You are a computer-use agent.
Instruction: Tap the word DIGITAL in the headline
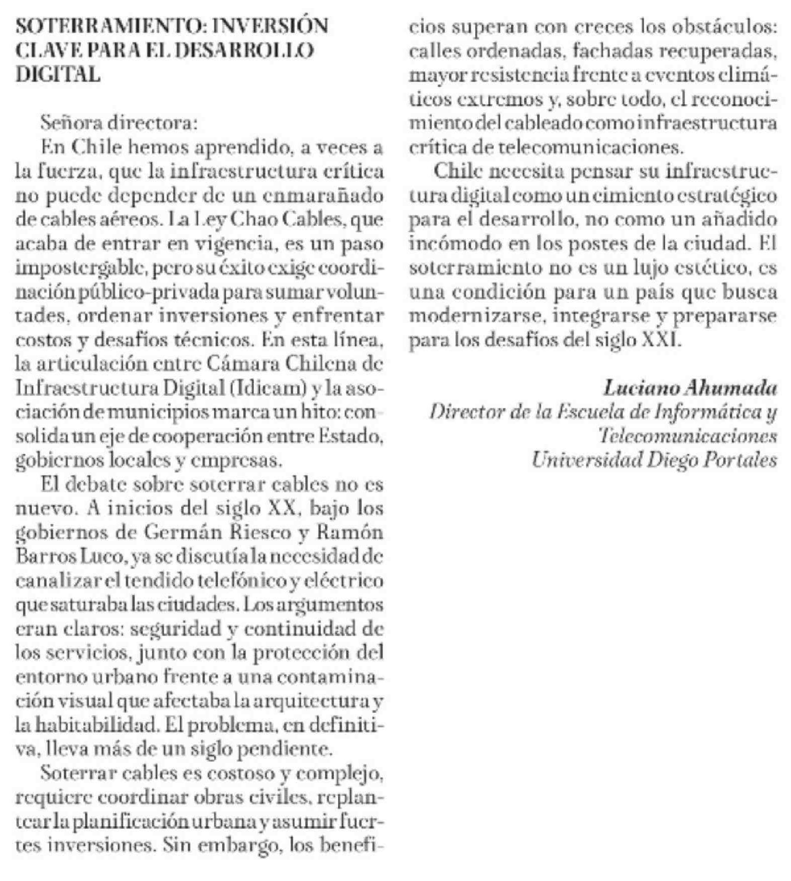coord(57,75)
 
